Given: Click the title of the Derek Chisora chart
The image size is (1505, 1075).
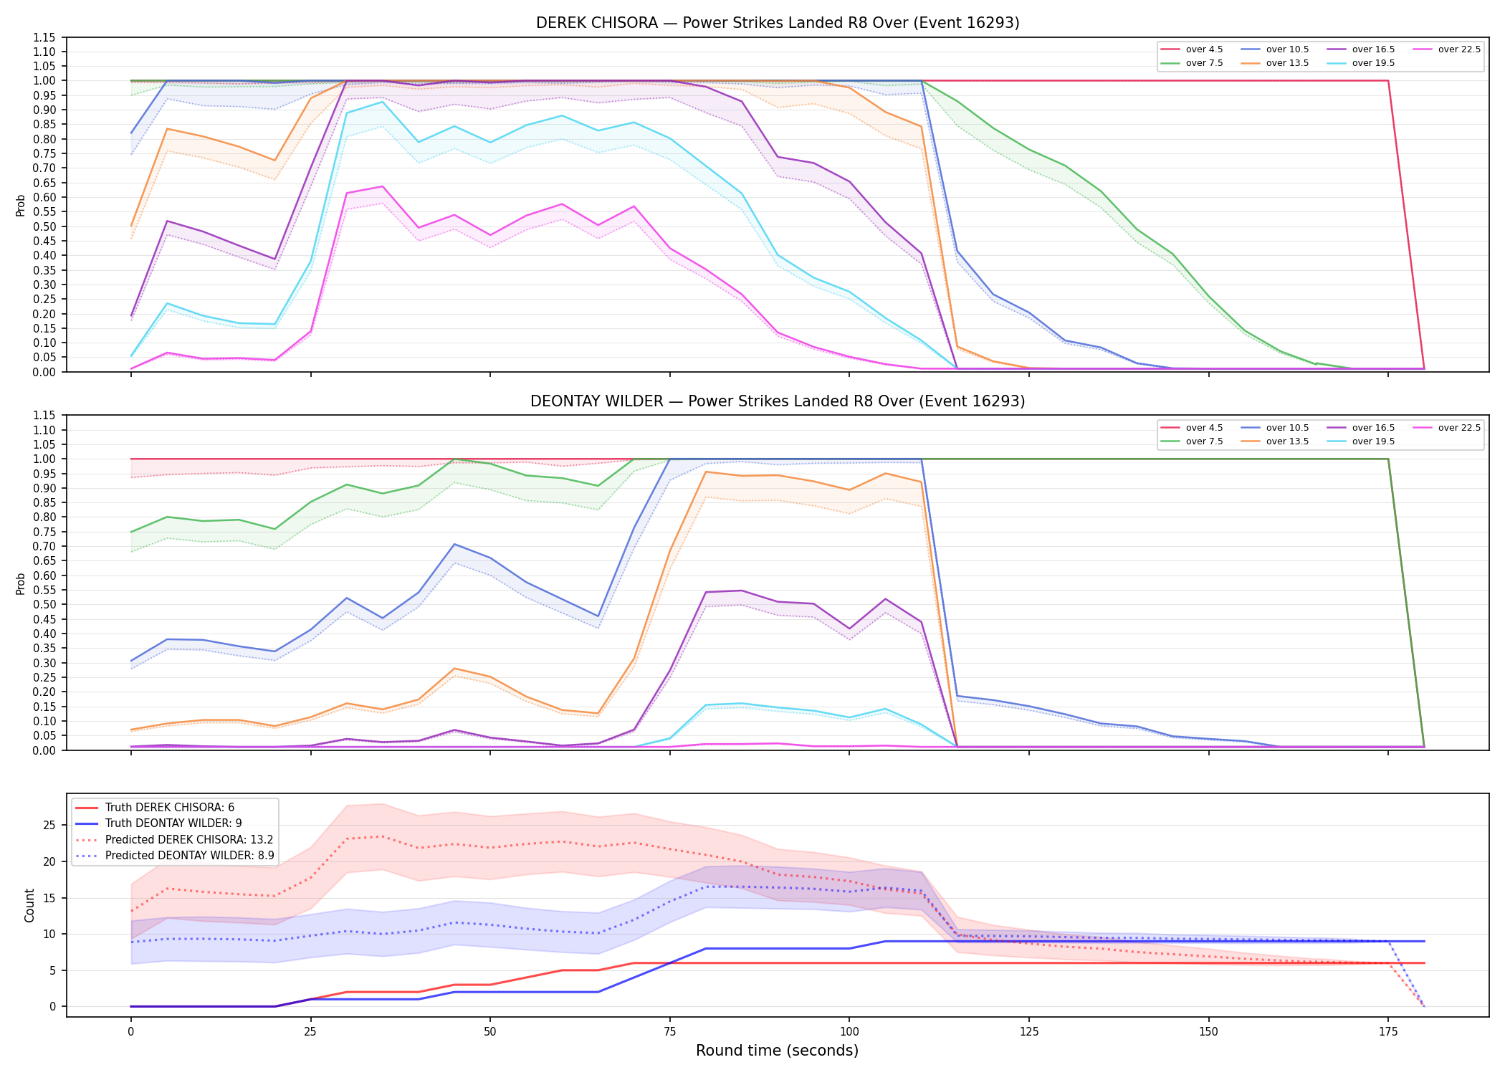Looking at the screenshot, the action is coord(778,23).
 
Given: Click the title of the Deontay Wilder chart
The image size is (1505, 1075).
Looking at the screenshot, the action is coord(778,401).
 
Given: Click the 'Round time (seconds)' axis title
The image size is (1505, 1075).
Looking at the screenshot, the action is coord(777,1051).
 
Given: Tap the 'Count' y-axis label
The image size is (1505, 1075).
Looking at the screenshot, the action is coord(29,905).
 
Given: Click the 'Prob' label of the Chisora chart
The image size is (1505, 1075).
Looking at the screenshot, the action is coord(21,206).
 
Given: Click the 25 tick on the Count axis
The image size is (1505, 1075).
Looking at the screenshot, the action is coord(49,826).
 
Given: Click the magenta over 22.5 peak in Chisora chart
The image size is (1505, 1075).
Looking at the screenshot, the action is coord(382,186).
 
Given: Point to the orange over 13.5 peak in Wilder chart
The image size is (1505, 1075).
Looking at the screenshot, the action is coord(706,472).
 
